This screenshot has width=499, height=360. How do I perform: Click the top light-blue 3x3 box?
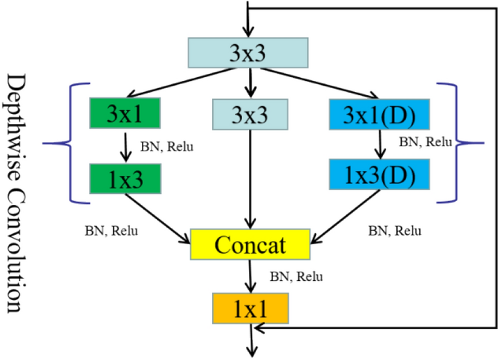coord(248,53)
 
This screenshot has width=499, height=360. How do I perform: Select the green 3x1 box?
coord(124,112)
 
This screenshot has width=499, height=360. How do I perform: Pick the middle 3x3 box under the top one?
coord(248,114)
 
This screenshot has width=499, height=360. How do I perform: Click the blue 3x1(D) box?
coord(380,114)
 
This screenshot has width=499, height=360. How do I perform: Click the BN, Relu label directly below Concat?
coord(296,277)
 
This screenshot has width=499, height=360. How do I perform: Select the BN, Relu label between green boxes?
coord(167,147)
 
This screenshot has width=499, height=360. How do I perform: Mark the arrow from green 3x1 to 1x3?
coord(125,145)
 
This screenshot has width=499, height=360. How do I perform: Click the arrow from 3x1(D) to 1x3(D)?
coord(379,144)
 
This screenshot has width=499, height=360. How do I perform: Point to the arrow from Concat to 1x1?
coord(249,277)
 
